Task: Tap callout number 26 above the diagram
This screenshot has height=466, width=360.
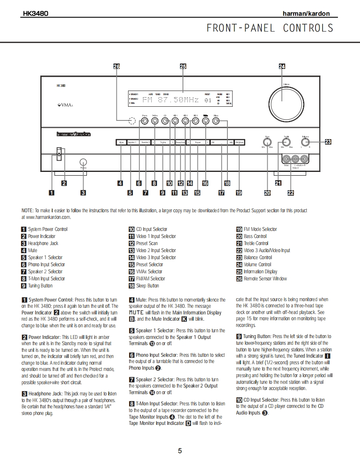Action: coord(116,66)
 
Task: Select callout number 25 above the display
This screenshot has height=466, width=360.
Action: coord(183,66)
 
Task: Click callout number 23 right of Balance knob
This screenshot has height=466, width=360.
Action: coord(328,142)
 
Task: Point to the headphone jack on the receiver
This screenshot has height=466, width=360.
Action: coord(83,162)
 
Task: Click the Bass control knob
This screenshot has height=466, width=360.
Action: coord(267,142)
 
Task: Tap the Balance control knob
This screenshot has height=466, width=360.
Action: coord(306,142)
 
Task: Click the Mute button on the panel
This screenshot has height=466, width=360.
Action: coord(121,142)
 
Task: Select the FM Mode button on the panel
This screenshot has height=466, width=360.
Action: coord(240,142)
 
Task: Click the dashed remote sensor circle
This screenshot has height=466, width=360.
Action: coord(132,121)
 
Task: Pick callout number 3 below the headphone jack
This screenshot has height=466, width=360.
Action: coord(83,192)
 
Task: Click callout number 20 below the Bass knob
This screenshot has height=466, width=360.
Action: coord(267,192)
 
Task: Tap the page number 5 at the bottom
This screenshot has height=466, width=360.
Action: coord(180,451)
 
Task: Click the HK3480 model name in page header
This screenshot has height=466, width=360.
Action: coord(35,13)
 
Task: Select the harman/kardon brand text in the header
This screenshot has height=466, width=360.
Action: coord(306,14)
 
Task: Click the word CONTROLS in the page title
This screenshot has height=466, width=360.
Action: coord(308,28)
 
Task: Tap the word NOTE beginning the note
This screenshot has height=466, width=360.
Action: coord(27,211)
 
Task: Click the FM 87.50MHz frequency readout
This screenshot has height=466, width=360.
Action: coord(170,100)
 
